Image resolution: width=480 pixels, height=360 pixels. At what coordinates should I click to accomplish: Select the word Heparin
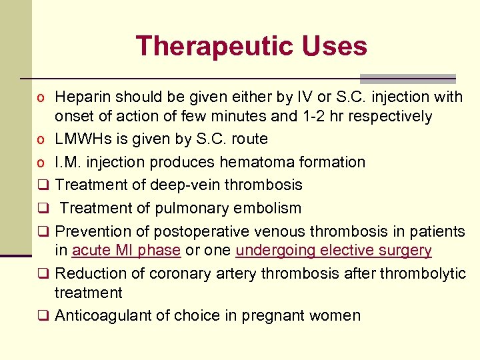82,97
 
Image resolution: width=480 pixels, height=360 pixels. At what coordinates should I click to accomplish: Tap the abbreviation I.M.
69,162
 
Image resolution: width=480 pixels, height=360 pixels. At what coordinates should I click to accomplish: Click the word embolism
266,208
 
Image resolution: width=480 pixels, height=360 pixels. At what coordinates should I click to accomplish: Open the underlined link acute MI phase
126,251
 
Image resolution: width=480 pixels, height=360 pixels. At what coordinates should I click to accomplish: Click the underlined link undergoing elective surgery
333,251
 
